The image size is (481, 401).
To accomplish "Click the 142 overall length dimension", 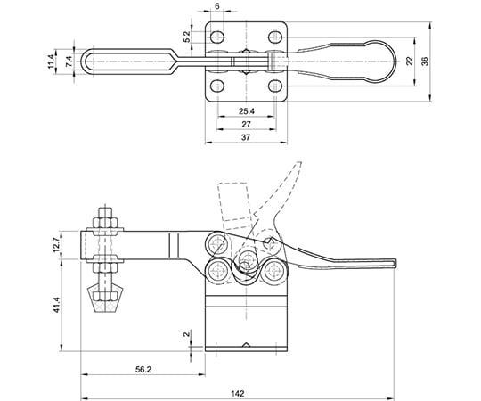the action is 238,393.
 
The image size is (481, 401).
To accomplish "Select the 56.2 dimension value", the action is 143,370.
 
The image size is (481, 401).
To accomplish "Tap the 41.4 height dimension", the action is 56,305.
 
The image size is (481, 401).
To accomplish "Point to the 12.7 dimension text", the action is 56,244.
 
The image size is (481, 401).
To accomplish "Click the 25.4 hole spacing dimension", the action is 247,111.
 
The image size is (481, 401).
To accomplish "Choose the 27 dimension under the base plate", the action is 246,124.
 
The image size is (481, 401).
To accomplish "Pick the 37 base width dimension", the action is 246,137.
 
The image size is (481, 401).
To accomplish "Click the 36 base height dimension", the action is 425,61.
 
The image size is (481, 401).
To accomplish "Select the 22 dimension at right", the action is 410,61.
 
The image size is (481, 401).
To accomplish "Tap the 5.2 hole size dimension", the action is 187,37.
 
